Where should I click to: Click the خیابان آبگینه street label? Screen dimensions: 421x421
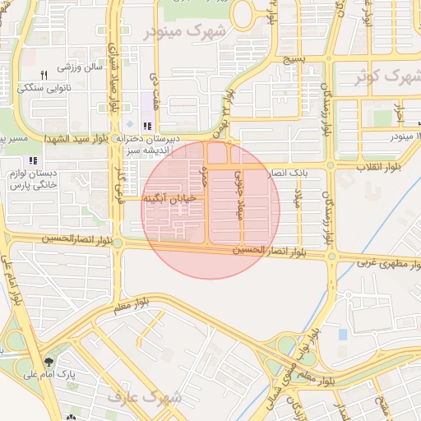click(169, 198)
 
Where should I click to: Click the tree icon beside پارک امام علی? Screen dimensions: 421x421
click(50, 362)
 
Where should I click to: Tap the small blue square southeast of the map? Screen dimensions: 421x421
click(343, 334)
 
